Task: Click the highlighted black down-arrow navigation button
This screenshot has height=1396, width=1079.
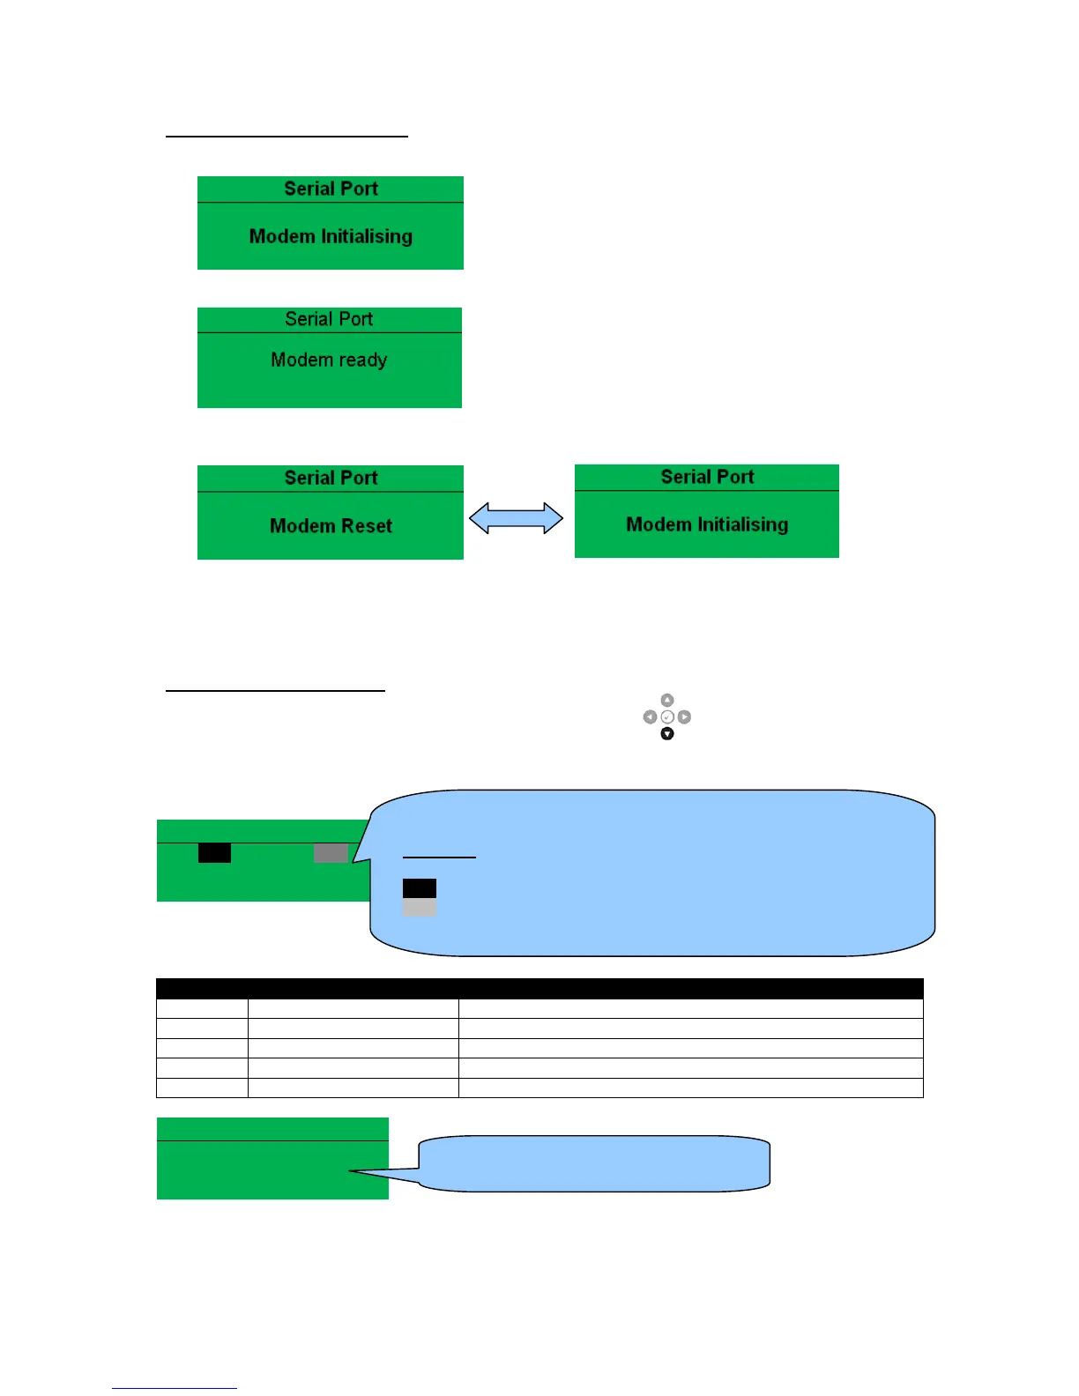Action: [667, 733]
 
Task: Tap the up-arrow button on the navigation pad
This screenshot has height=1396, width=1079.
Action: [667, 700]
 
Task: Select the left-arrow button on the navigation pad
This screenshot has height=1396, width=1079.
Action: [650, 717]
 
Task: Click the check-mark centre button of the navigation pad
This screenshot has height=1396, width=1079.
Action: [667, 717]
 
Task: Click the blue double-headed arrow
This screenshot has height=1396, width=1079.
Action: [516, 518]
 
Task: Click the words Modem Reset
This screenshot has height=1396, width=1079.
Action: [331, 526]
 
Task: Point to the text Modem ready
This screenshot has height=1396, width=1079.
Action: [329, 360]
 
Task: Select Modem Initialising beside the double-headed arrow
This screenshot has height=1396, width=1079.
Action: [707, 524]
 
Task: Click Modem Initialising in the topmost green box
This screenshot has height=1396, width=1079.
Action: [331, 236]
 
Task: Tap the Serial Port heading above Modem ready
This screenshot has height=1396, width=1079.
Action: [329, 319]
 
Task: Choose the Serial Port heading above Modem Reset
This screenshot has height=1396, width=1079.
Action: [331, 478]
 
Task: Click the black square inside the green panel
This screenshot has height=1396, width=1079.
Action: [214, 852]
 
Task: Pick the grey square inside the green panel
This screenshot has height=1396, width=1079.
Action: [331, 852]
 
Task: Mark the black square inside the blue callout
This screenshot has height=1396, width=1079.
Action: [420, 887]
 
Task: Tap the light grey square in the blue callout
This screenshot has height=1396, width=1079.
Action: [420, 907]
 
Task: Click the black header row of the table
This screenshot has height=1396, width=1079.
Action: [539, 988]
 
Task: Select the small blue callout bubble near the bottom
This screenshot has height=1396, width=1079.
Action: [595, 1163]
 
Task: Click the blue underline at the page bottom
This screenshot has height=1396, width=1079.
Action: [175, 1388]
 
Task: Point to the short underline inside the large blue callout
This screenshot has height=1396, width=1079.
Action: [439, 857]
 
